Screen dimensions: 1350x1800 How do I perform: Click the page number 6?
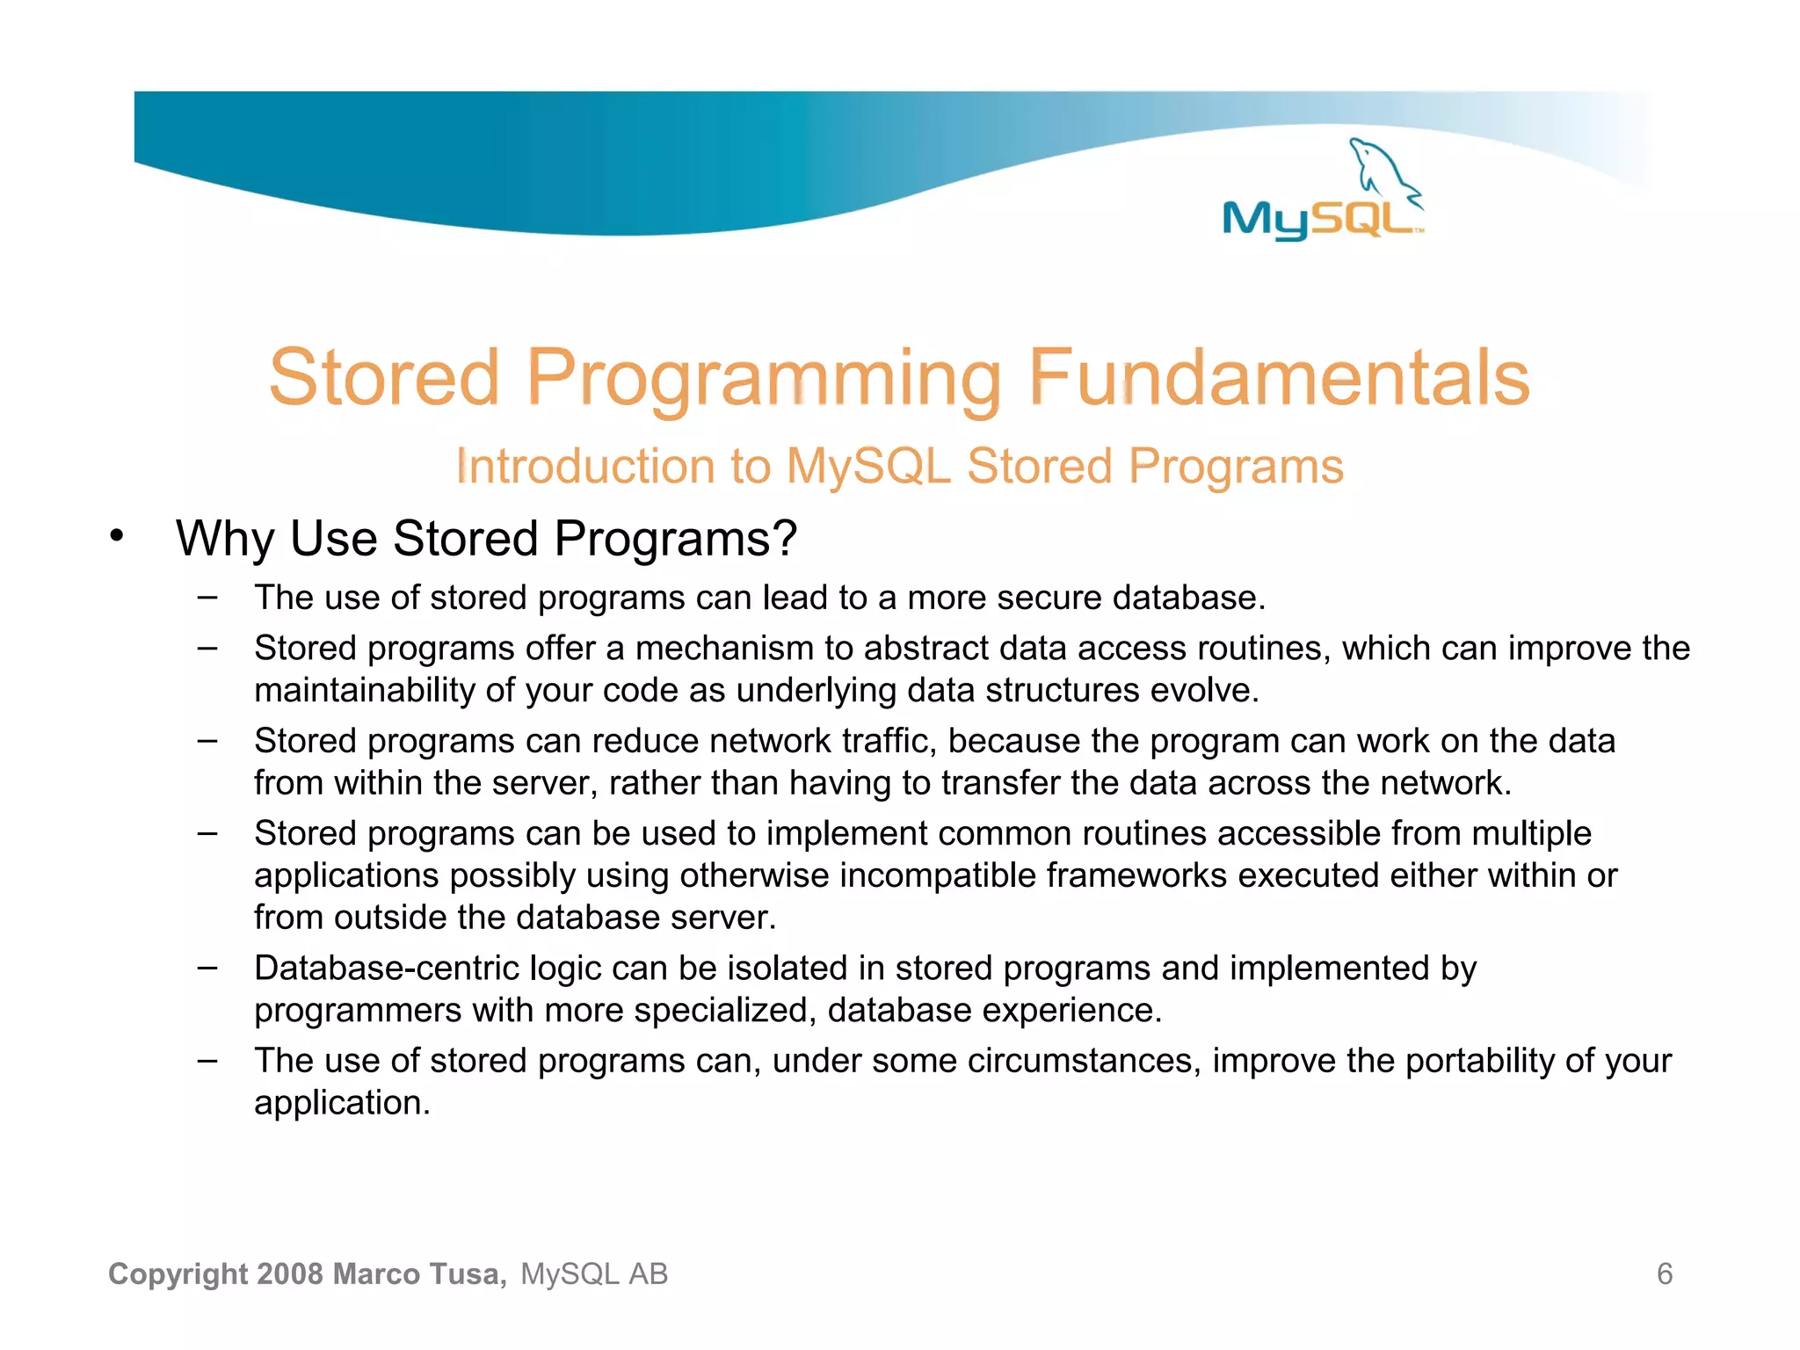click(1664, 1274)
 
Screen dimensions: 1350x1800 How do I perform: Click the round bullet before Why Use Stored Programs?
click(117, 535)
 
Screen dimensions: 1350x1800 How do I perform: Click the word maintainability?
click(364, 691)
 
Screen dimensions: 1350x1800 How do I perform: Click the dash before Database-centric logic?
click(207, 967)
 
